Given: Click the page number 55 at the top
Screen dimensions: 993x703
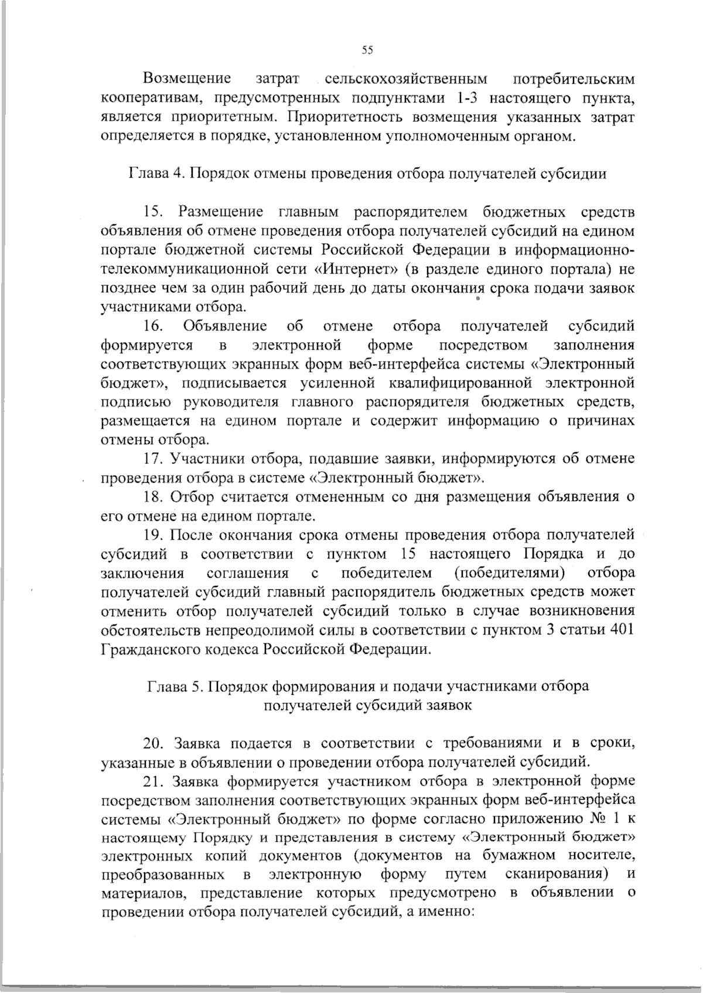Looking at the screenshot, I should [x=367, y=50].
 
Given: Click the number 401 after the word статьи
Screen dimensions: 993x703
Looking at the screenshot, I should [x=622, y=630].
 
